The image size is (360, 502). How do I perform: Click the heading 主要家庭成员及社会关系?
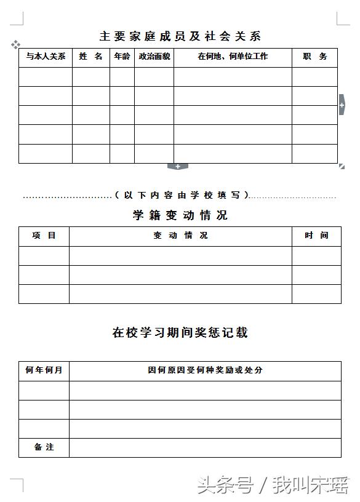pyautogui.click(x=180, y=36)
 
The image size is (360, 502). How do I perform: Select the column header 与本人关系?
pyautogui.click(x=46, y=57)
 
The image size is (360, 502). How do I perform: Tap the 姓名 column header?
pyautogui.click(x=91, y=57)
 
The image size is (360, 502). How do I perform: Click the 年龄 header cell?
pyautogui.click(x=122, y=57)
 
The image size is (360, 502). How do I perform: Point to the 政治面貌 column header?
pyautogui.click(x=154, y=57)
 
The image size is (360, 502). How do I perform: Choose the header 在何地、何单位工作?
pyautogui.click(x=233, y=57)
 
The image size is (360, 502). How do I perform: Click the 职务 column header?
pyautogui.click(x=314, y=57)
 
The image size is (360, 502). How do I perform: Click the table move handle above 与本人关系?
pyautogui.click(x=15, y=44)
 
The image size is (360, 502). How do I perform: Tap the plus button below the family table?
pyautogui.click(x=178, y=166)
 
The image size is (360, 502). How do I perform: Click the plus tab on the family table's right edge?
pyautogui.click(x=342, y=105)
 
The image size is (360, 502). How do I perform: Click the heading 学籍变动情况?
pyautogui.click(x=180, y=215)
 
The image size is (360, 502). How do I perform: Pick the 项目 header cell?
pyautogui.click(x=44, y=236)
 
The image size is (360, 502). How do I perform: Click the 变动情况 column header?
pyautogui.click(x=180, y=236)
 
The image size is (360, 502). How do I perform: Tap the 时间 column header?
pyautogui.click(x=316, y=236)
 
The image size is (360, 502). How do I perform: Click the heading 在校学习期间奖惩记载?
pyautogui.click(x=180, y=333)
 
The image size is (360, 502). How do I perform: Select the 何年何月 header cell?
pyautogui.click(x=44, y=370)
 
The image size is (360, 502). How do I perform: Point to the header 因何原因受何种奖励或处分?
pyautogui.click(x=205, y=370)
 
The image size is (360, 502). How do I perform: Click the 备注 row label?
pyautogui.click(x=44, y=447)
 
